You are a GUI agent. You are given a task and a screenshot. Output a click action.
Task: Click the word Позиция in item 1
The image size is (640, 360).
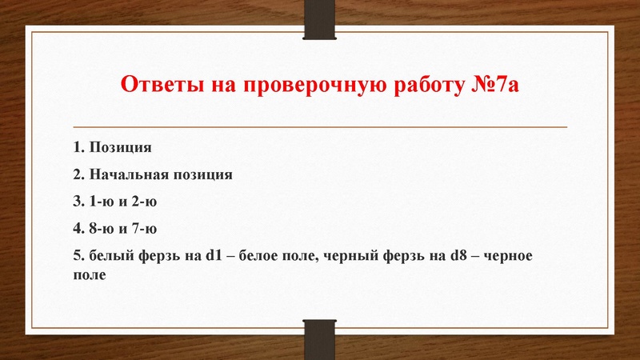pos(120,148)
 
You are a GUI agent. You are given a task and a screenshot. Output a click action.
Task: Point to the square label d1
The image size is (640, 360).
pos(212,256)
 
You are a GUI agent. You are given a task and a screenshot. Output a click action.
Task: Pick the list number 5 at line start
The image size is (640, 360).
pos(75,256)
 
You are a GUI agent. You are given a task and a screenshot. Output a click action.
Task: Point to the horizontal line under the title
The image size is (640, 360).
pos(320,127)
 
